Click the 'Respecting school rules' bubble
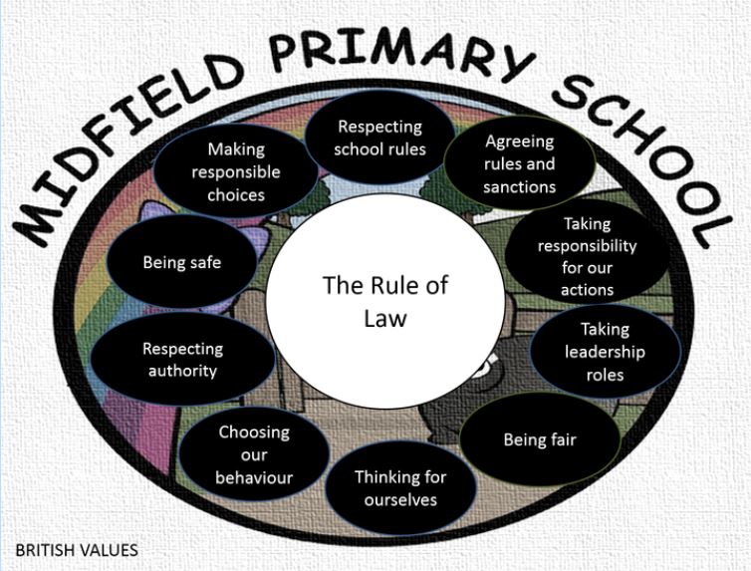[x=379, y=137]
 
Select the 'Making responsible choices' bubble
[x=236, y=171]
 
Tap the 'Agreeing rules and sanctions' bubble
[x=520, y=162]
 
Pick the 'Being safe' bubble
[x=182, y=262]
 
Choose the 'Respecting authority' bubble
[x=183, y=360]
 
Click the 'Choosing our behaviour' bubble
[x=254, y=454]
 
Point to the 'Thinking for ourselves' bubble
[x=400, y=487]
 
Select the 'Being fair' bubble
[x=540, y=439]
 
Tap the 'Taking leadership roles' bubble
[x=605, y=352]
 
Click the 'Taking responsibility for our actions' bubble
[x=588, y=256]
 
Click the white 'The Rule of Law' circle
[x=385, y=302]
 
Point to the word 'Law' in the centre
[x=385, y=319]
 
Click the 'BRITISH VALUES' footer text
[x=77, y=550]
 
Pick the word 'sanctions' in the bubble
[x=520, y=186]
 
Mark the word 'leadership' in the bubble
[x=605, y=352]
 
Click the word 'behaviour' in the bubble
[x=254, y=477]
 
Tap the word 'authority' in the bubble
[x=182, y=372]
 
